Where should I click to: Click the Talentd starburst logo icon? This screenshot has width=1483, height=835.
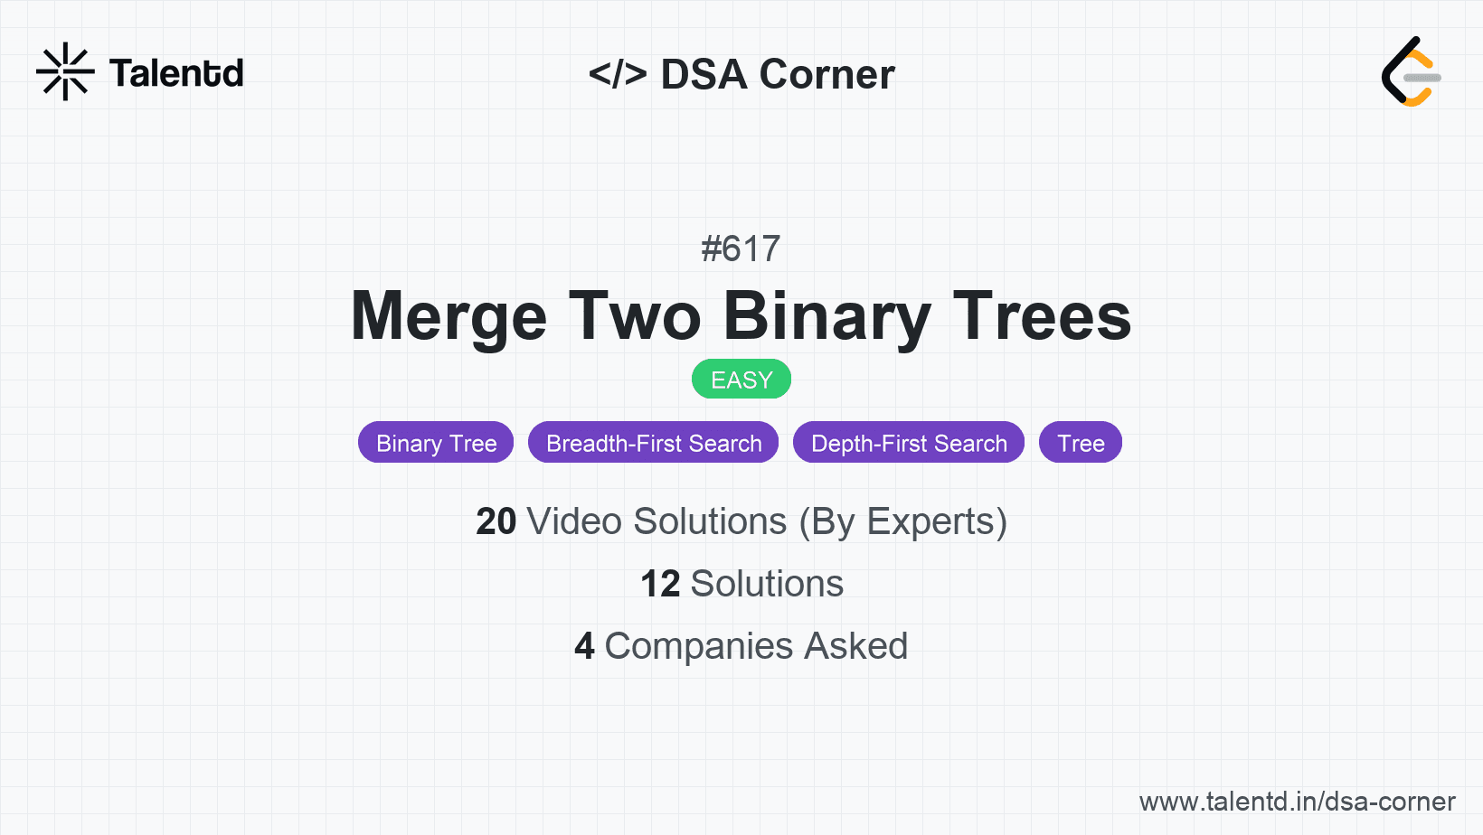click(x=65, y=71)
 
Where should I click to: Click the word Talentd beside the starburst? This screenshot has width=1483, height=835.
click(x=176, y=73)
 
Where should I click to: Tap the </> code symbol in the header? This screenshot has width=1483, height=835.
click(x=618, y=74)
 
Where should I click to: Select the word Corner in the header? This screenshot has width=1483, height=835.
click(x=827, y=74)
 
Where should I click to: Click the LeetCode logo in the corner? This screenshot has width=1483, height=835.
click(x=1411, y=71)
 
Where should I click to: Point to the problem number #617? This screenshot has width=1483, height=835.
click(x=741, y=249)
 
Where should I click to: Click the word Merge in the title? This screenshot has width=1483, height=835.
click(x=449, y=317)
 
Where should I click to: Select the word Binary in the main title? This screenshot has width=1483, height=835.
click(x=827, y=317)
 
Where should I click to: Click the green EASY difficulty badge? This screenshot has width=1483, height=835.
click(x=741, y=380)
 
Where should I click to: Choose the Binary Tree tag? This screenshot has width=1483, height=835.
click(x=436, y=443)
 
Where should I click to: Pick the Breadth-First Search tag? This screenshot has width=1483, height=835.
click(x=654, y=443)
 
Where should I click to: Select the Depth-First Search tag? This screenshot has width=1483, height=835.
click(x=909, y=443)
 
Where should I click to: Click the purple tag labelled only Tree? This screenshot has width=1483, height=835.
click(x=1081, y=443)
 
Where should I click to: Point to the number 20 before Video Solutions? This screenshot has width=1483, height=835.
click(x=496, y=521)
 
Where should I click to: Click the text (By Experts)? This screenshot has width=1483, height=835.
click(x=903, y=522)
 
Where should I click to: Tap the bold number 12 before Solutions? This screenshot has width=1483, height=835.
click(x=660, y=584)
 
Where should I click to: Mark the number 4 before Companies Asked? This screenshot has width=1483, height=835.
click(x=584, y=646)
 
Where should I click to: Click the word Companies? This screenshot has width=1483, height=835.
click(x=698, y=647)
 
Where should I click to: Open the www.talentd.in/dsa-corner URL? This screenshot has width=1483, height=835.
click(x=1298, y=802)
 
